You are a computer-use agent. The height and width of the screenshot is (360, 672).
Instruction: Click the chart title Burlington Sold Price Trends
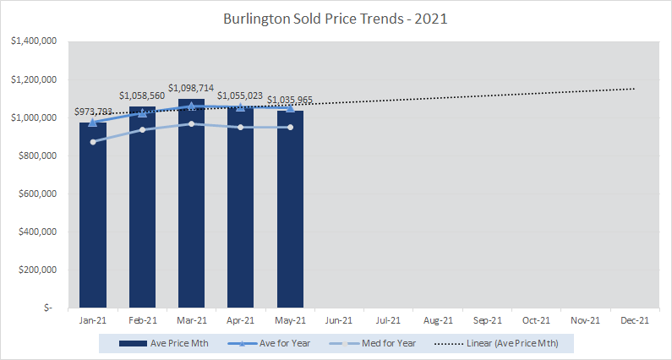pyautogui.click(x=336, y=18)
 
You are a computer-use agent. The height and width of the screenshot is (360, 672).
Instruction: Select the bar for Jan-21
pyautogui.click(x=93, y=220)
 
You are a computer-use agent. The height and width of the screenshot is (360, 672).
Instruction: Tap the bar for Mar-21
pyautogui.click(x=191, y=211)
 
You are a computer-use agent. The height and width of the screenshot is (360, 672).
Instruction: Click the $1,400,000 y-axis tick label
pyautogui.click(x=34, y=41)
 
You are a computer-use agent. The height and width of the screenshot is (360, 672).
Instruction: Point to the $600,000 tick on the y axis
pyautogui.click(x=37, y=194)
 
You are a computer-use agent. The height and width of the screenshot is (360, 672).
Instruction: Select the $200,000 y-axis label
pyautogui.click(x=37, y=270)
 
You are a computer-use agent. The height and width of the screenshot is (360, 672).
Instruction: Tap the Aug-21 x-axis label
pyautogui.click(x=437, y=320)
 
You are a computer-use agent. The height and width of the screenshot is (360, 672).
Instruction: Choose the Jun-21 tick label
pyautogui.click(x=339, y=320)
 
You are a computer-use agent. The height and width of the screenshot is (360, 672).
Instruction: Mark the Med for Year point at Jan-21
pyautogui.click(x=93, y=141)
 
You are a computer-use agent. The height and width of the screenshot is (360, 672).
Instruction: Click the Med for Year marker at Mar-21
pyautogui.click(x=191, y=123)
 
